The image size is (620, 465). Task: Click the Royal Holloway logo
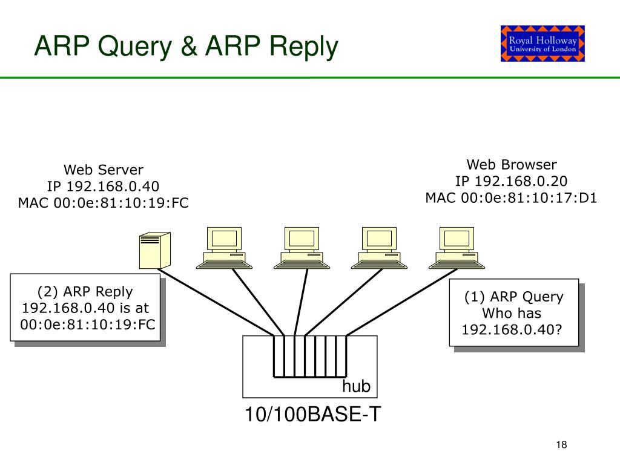542,44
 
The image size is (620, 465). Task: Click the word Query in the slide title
135,47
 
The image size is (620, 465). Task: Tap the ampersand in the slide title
189,45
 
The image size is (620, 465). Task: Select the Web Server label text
104,170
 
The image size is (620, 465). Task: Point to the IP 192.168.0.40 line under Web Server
103,186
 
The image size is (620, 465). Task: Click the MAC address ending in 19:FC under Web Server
103,203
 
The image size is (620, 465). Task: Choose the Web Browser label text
512,165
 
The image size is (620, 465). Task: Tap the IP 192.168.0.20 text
511,181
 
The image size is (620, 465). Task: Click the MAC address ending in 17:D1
511,198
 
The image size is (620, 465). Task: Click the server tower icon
155,251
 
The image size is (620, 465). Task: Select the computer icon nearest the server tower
224,248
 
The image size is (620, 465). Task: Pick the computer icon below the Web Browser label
457,248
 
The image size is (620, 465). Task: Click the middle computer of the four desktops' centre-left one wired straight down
302,248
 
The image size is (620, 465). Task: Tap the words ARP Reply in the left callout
98,291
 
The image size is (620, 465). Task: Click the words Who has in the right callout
512,313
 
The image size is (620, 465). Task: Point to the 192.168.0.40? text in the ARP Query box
512,329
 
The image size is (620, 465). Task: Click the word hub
356,386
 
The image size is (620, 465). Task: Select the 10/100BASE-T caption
313,414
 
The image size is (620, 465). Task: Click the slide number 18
561,445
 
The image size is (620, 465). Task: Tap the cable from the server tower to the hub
216,303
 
